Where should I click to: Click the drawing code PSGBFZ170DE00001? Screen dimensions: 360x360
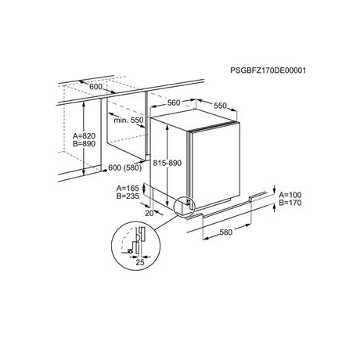[268, 70]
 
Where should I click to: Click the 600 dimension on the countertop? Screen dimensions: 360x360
[96, 86]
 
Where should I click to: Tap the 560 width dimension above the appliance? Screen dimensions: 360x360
[174, 103]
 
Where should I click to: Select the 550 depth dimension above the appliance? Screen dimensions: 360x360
[221, 106]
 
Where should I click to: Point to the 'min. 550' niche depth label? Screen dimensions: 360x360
[128, 121]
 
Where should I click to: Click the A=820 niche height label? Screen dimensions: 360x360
[85, 136]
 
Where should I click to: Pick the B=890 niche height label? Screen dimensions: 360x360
[85, 144]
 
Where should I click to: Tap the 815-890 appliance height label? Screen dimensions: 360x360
[167, 163]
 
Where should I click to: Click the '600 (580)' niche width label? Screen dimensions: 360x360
[125, 167]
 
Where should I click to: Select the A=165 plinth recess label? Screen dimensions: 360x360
[128, 189]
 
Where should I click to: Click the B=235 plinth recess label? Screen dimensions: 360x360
[128, 196]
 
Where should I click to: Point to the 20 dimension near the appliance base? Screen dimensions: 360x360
[149, 213]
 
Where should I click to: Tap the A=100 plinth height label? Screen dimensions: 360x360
[290, 195]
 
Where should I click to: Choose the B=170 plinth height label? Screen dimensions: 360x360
[290, 203]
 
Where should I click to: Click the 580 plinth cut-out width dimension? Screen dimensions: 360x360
[226, 232]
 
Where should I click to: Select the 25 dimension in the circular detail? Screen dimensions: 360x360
[140, 262]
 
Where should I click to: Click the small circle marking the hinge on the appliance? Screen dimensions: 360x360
[183, 207]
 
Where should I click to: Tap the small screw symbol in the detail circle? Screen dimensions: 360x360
[130, 251]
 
